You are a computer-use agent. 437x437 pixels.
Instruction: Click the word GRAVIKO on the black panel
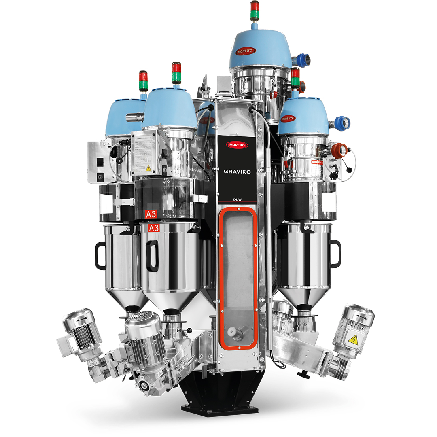pos(238,171)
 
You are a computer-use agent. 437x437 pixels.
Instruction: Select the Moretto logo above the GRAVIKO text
pos(238,145)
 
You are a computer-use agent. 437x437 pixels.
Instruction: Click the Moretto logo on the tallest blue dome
pos(246,52)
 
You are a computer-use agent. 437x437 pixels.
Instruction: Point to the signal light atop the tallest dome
pos(255,11)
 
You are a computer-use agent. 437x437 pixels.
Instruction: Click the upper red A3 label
pos(151,214)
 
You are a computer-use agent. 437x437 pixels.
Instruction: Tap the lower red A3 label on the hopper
pos(154,228)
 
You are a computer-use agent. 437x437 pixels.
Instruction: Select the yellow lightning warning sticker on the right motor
pos(353,340)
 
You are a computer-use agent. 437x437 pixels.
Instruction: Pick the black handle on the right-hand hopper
pos(335,254)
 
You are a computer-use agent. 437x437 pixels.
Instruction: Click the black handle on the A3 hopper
pos(152,256)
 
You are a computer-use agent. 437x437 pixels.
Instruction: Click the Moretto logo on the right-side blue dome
pos(288,119)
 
